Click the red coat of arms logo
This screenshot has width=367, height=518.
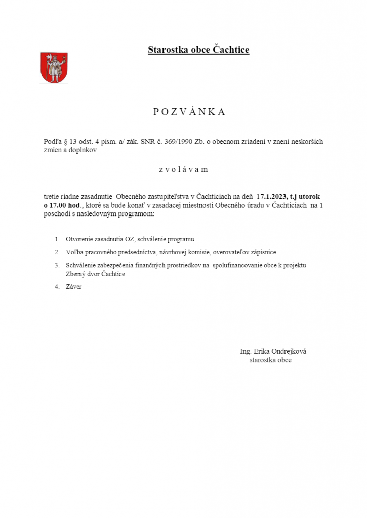click(54, 68)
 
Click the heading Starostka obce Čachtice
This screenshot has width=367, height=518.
click(198, 50)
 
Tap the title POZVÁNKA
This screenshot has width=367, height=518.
click(189, 112)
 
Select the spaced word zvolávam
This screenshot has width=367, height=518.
click(183, 169)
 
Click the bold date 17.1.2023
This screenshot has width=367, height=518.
click(272, 195)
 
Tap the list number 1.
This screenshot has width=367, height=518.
click(57, 239)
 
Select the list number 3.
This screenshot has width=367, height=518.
click(57, 265)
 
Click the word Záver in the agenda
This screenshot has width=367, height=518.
click(73, 287)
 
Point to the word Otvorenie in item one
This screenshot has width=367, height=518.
click(78, 239)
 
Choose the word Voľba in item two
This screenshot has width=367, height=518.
click(74, 252)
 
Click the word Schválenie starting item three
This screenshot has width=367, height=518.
click(81, 265)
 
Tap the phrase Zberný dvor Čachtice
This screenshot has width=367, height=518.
click(95, 274)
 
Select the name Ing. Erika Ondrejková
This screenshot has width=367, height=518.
click(273, 352)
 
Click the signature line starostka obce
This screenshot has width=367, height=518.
click(270, 360)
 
